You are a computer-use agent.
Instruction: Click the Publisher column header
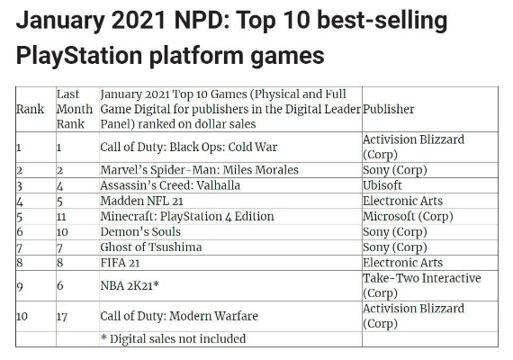(x=388, y=109)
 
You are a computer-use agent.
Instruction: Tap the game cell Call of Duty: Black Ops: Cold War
(x=190, y=146)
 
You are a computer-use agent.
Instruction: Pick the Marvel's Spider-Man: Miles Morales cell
(x=199, y=169)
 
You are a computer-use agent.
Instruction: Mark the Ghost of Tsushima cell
(x=151, y=247)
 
